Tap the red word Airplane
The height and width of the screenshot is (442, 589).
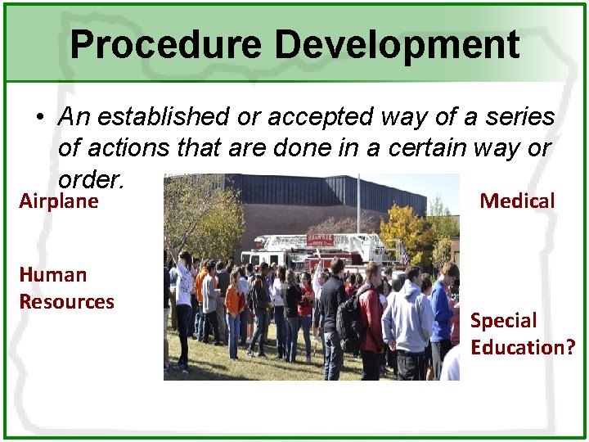59,201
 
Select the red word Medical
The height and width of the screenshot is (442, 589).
517,201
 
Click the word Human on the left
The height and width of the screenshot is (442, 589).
52,275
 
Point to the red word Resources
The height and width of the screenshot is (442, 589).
66,302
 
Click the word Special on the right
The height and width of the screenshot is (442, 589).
503,321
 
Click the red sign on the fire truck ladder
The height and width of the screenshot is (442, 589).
320,240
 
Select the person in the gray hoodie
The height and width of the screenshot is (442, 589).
407,319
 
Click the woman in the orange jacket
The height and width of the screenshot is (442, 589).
235,301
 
